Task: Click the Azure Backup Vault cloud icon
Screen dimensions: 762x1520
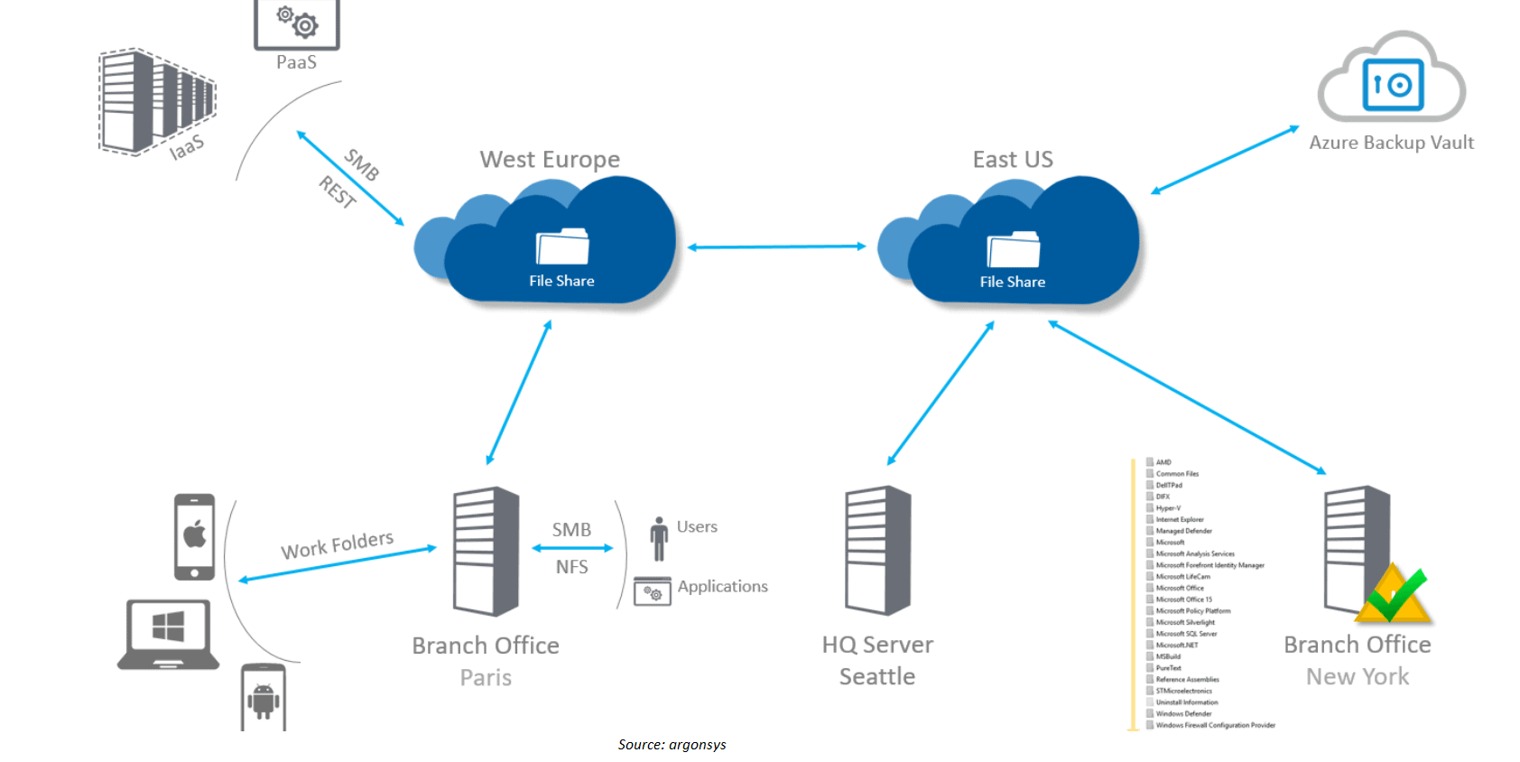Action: tap(1391, 79)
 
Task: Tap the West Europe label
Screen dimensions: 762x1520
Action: tap(550, 160)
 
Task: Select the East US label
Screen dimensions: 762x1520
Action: tap(1012, 160)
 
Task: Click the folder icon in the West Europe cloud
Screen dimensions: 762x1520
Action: tap(562, 246)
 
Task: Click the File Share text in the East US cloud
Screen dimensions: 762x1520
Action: tap(1012, 282)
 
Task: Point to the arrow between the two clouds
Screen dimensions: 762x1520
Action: tap(776, 246)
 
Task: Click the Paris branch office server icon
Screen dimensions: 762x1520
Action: tap(486, 551)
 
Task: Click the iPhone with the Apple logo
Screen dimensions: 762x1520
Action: tap(195, 536)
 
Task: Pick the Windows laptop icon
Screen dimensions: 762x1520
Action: tap(168, 633)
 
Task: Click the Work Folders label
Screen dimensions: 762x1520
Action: tap(337, 544)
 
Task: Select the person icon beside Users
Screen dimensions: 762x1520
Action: tap(659, 538)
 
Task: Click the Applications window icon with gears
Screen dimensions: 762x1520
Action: tap(652, 591)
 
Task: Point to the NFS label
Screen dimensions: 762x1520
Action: tap(571, 567)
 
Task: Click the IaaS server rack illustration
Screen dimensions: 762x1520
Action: tap(155, 101)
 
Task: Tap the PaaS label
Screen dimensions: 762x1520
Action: tap(296, 62)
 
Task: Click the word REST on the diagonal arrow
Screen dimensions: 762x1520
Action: tap(337, 192)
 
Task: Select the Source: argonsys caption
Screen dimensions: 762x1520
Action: tap(672, 745)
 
